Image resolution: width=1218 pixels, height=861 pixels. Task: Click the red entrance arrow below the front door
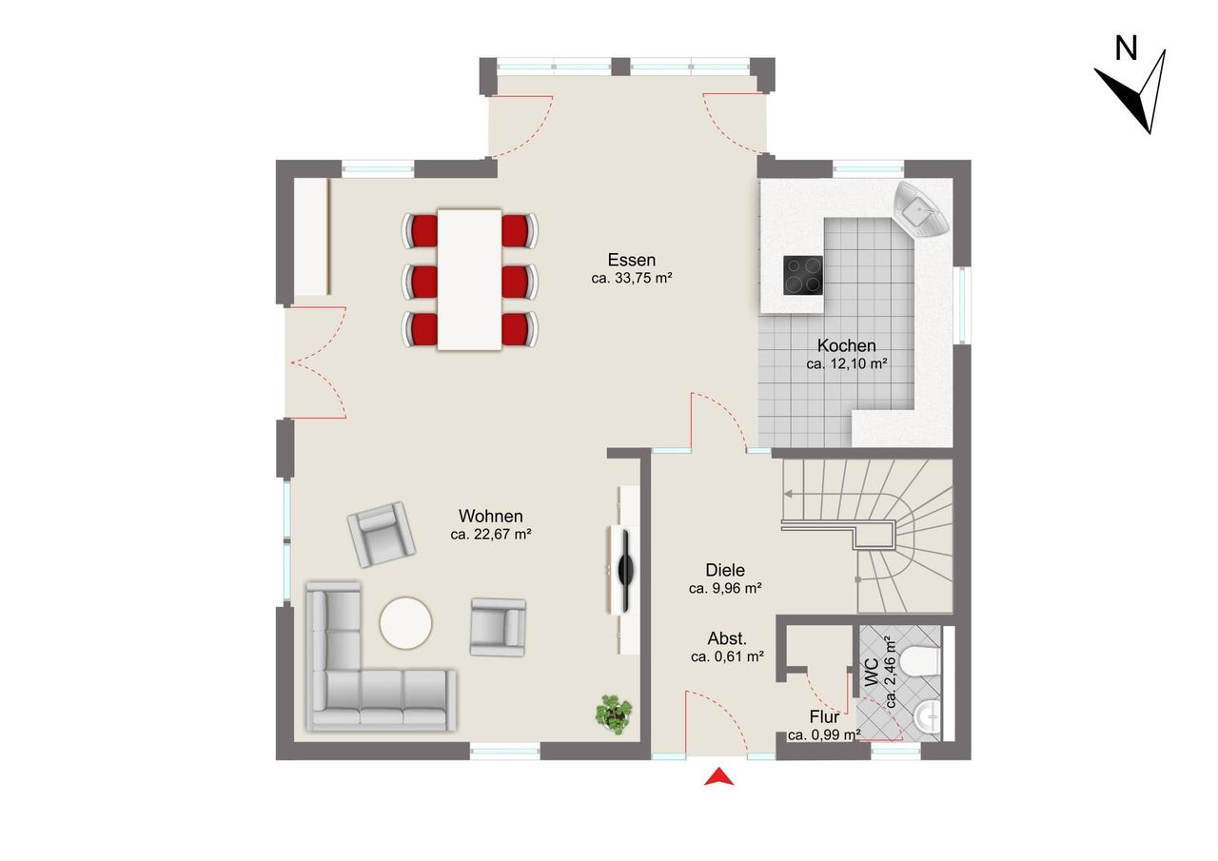[718, 778]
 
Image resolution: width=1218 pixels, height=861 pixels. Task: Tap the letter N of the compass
[1126, 49]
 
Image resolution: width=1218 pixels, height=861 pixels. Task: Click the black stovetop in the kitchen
[802, 275]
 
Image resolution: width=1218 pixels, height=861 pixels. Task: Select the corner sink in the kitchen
[921, 209]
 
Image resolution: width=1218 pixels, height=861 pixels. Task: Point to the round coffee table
[405, 623]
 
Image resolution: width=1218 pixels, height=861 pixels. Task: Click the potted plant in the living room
[614, 714]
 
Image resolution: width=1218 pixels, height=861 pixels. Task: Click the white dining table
[469, 280]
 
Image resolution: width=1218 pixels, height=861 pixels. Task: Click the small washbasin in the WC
[927, 717]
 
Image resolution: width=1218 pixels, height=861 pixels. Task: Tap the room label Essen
[631, 260]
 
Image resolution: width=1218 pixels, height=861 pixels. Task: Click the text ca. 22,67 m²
[490, 535]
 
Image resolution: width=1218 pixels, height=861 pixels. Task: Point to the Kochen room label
[846, 345]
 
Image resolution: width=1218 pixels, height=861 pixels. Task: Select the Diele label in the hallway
[725, 570]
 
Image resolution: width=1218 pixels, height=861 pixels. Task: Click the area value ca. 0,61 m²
[728, 656]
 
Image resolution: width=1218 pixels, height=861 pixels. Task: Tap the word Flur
[824, 717]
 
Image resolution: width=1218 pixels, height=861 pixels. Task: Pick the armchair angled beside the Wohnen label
[382, 535]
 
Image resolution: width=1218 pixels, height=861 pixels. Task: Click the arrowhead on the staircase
[787, 494]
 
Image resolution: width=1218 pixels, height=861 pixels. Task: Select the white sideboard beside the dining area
[311, 237]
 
